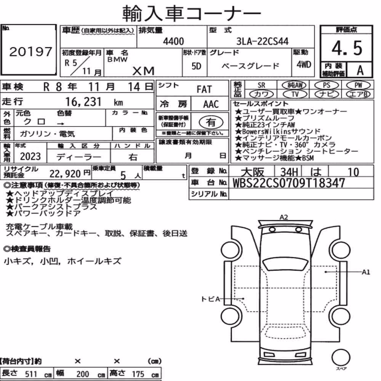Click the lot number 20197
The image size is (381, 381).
click(x=31, y=51)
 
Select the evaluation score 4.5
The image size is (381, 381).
click(x=347, y=48)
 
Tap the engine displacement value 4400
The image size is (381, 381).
click(x=173, y=41)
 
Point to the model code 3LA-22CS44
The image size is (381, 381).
click(x=263, y=41)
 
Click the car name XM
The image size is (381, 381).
click(x=143, y=71)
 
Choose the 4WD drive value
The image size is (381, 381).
click(x=304, y=65)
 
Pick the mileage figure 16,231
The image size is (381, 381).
click(x=83, y=102)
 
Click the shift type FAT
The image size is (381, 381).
click(x=204, y=90)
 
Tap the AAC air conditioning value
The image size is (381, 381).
click(x=211, y=104)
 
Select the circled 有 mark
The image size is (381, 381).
click(x=211, y=122)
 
